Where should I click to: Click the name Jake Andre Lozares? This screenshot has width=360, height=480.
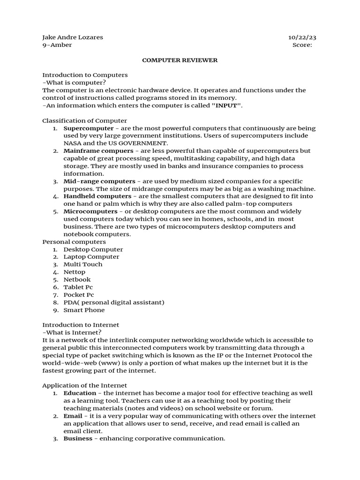coord(73,37)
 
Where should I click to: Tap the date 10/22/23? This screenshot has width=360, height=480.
coord(305,37)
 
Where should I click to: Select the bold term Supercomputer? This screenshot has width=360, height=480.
coord(88,128)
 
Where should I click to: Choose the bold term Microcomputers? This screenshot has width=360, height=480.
coord(90,211)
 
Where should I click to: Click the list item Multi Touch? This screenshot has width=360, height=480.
coord(82,264)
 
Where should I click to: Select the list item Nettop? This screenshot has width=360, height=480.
coord(75,272)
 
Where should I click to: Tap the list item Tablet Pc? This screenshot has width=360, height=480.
coord(78,287)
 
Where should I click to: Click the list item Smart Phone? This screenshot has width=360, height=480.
coord(84,310)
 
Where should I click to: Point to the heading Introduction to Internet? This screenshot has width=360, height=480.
coord(81,325)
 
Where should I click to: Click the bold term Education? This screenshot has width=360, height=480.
coord(80,393)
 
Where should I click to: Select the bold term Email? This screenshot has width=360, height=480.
coord(73,416)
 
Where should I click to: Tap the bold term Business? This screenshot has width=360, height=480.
coord(78,438)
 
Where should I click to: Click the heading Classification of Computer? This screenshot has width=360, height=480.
coord(84,120)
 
